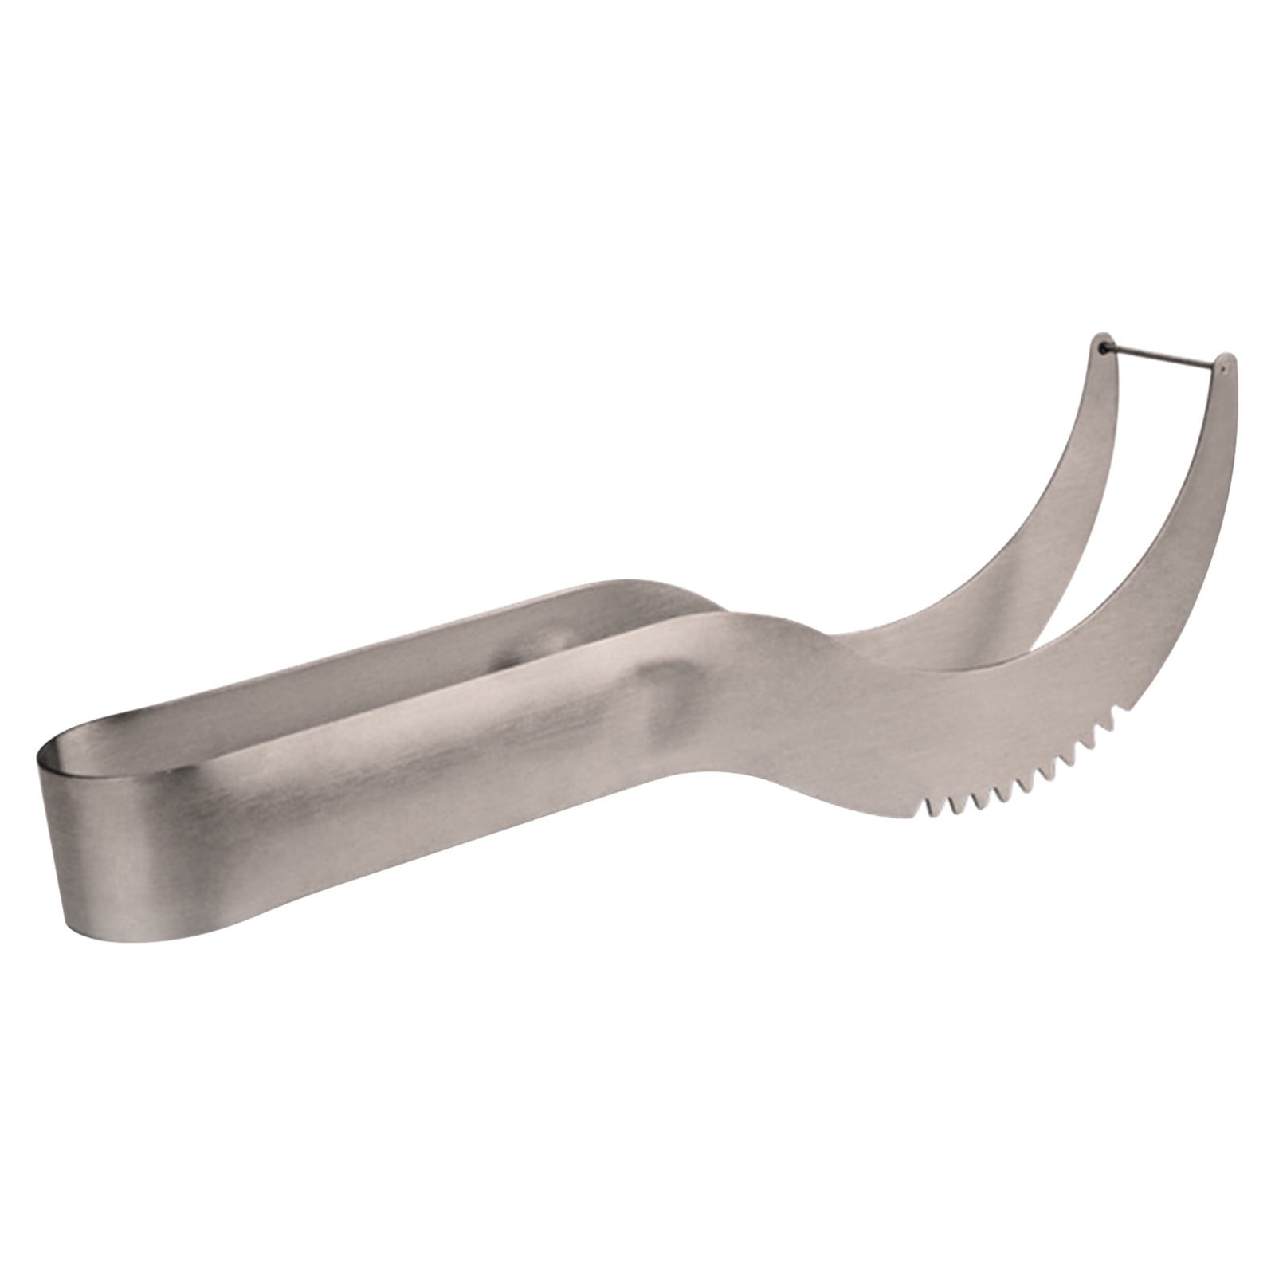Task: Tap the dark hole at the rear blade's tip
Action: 1103,347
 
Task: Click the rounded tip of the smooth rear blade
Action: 1100,338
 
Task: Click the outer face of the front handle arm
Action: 398,749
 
